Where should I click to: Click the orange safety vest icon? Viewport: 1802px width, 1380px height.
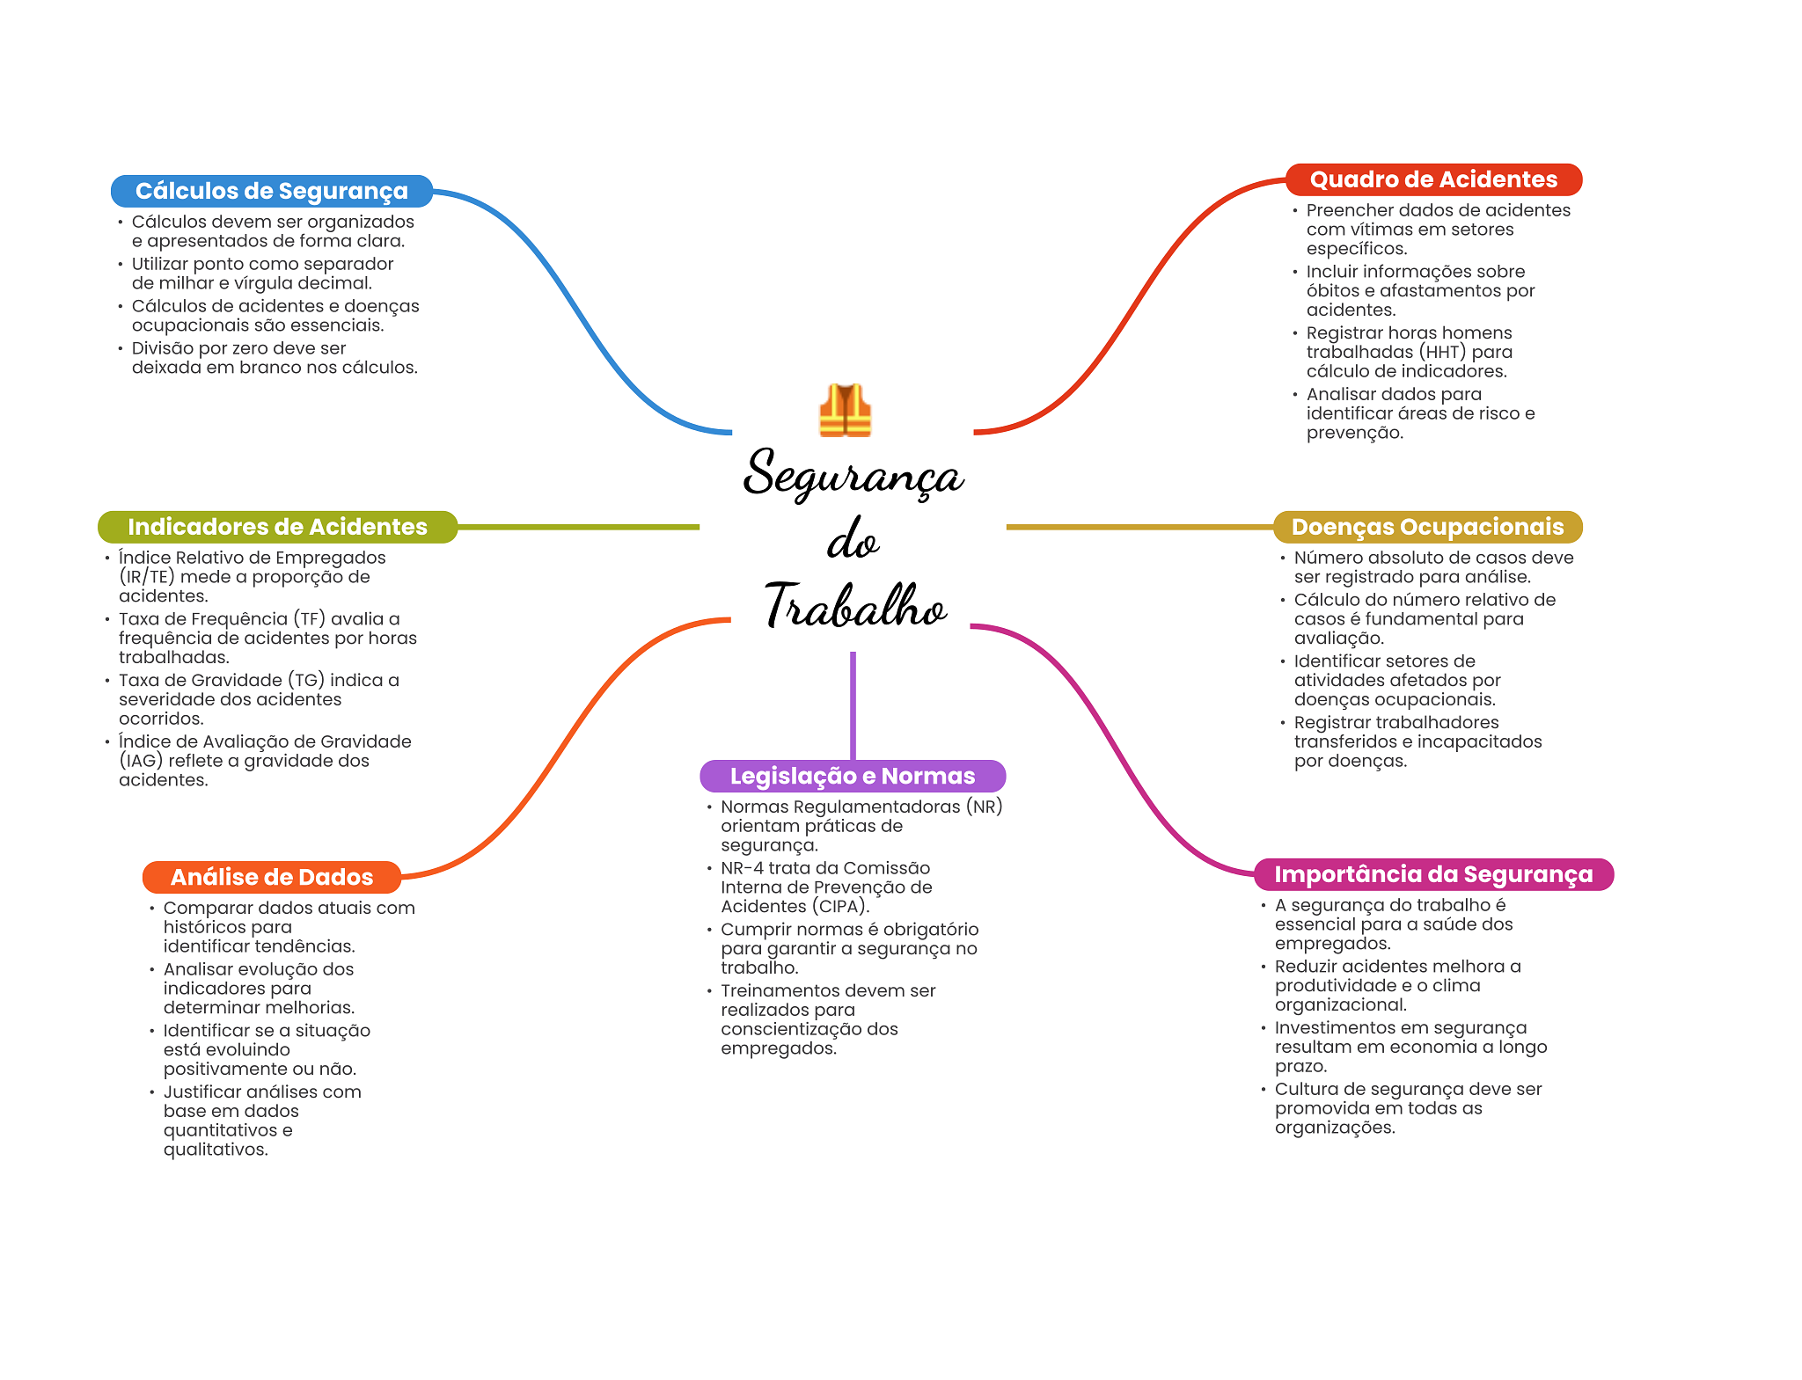(845, 411)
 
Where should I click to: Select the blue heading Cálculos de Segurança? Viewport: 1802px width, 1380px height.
(271, 191)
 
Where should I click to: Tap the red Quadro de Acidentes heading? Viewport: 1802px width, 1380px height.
(1433, 179)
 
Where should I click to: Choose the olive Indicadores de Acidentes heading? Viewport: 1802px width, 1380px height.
(277, 527)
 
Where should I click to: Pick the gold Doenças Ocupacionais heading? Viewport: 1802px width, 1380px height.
(1427, 527)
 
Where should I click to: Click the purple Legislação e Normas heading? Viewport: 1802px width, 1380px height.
(852, 776)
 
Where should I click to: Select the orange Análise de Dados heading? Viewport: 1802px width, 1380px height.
(271, 877)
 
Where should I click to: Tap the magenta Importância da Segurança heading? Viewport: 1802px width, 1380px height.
(1433, 874)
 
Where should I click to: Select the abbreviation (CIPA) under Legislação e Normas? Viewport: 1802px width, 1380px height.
(839, 907)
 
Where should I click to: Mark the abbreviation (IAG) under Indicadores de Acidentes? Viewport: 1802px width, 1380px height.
(141, 761)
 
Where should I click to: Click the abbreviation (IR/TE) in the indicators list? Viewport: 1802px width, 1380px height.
(147, 577)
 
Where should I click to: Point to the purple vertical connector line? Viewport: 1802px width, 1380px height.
(853, 704)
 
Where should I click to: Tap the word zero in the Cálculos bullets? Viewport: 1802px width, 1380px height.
(260, 348)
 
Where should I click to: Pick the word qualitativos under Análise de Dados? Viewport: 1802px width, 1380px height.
(215, 1150)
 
